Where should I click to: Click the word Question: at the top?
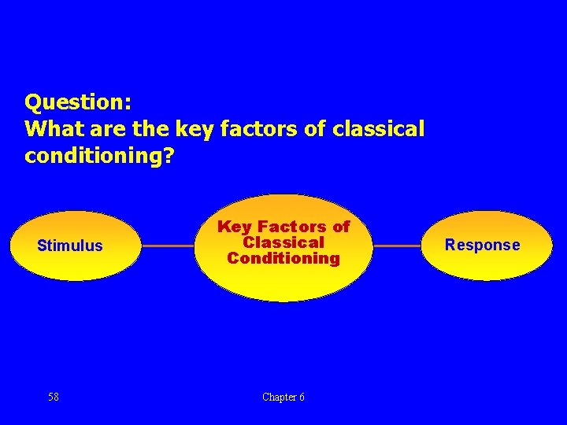78,102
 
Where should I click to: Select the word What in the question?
51,128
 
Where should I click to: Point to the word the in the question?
146,128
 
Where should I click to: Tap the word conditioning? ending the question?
99,157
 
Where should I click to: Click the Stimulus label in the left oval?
70,246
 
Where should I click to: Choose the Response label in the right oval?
482,245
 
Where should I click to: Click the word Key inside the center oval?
234,227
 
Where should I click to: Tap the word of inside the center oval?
341,227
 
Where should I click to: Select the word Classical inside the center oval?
283,242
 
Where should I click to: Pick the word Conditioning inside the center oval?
283,258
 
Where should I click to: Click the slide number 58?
54,397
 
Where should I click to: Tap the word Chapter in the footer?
278,397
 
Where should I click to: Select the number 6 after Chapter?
301,397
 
